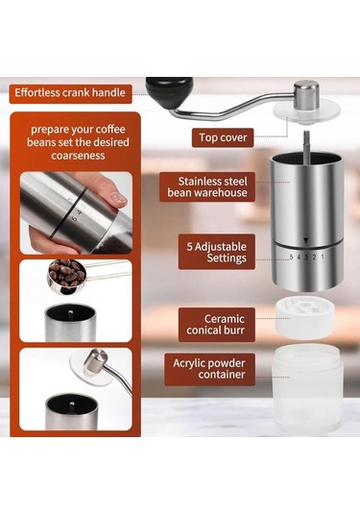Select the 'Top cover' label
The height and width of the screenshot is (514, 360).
point(224,137)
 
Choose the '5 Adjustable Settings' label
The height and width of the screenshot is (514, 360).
point(218,252)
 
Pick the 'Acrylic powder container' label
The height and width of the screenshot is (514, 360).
point(210,369)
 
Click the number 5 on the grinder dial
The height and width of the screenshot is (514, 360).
point(292,256)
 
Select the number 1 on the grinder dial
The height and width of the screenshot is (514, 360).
point(323,256)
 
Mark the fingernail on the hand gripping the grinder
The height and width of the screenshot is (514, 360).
point(118,198)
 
